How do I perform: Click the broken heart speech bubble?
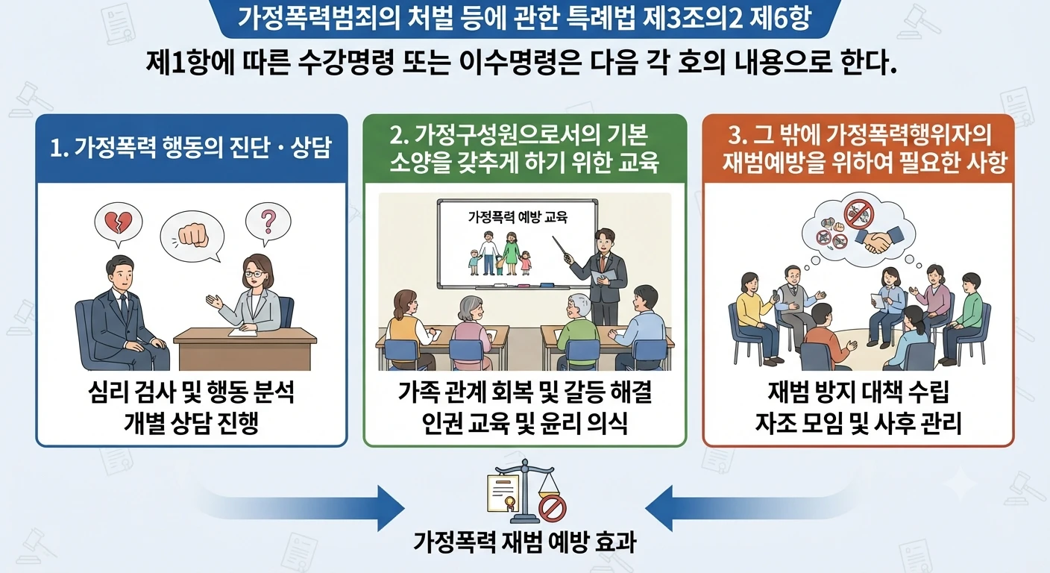pyautogui.click(x=118, y=223)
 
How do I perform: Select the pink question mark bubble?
pyautogui.click(x=268, y=222)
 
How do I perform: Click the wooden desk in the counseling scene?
pyautogui.click(x=245, y=348)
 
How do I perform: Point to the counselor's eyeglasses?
pyautogui.click(x=253, y=274)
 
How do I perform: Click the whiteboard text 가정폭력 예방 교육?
pyautogui.click(x=518, y=217)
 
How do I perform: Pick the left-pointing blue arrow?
pyautogui.click(x=750, y=508)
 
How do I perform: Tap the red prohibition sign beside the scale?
pyautogui.click(x=552, y=510)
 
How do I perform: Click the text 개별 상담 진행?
pyautogui.click(x=191, y=423)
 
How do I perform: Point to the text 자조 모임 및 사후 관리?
pyautogui.click(x=858, y=423)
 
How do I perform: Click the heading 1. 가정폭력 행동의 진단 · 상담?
pyautogui.click(x=191, y=148)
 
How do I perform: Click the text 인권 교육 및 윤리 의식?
pyautogui.click(x=524, y=423)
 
